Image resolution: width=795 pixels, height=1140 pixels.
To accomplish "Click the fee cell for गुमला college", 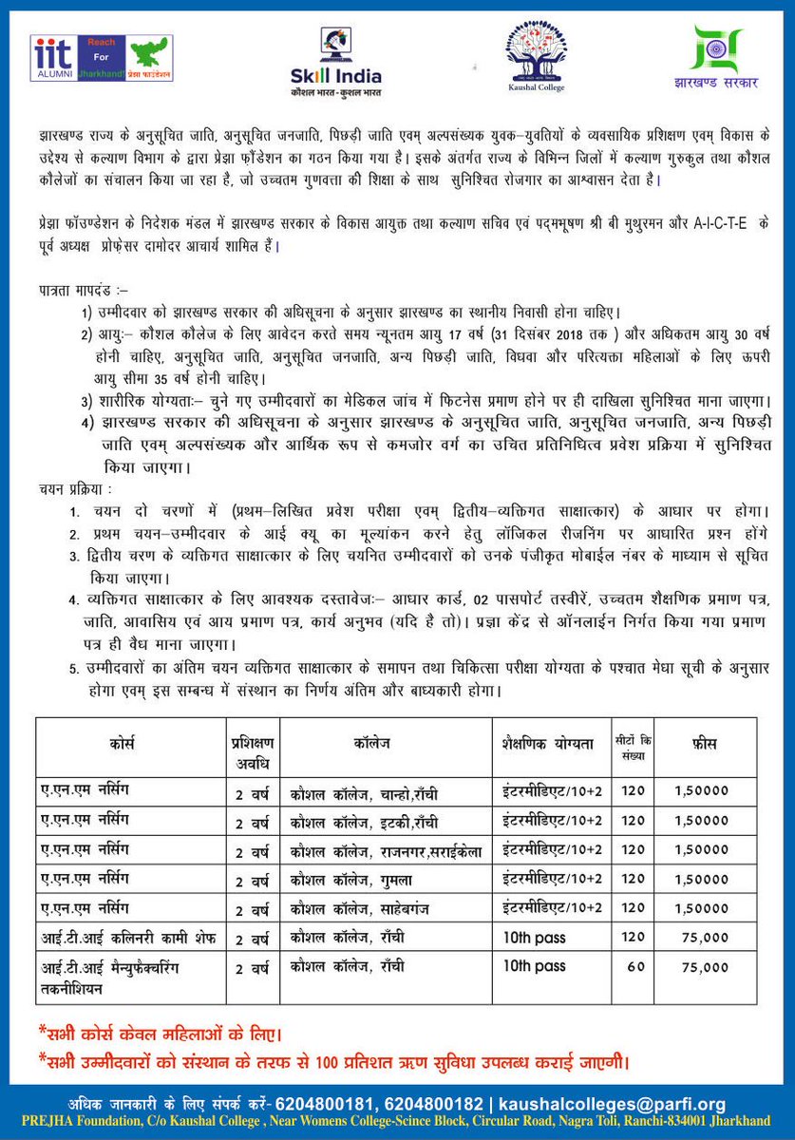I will click(701, 882).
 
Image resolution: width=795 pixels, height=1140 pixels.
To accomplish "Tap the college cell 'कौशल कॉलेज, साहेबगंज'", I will click(365, 910).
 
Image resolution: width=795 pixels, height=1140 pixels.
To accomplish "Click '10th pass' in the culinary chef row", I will click(534, 939).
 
